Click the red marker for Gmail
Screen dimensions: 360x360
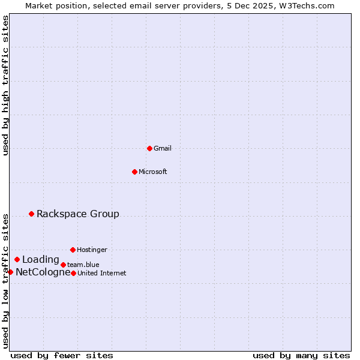149,148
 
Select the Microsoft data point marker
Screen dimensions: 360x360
134,172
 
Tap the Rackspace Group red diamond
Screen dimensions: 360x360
31,214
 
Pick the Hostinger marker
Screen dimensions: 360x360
73,250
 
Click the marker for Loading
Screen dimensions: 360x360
17,260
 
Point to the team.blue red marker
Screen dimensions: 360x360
63,265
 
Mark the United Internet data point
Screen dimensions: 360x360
73,273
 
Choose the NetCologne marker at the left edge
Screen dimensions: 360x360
10,272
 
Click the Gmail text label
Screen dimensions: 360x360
163,148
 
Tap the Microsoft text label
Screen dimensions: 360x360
153,172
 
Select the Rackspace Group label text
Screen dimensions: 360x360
78,214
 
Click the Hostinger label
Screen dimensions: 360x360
92,250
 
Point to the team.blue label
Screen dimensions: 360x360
83,265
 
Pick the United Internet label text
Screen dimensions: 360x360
102,273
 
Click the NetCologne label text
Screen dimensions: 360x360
43,272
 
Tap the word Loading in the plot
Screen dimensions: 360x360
41,260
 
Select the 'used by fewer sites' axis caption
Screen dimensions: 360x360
62,355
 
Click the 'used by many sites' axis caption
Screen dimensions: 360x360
301,355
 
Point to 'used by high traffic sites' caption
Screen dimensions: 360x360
5,85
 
